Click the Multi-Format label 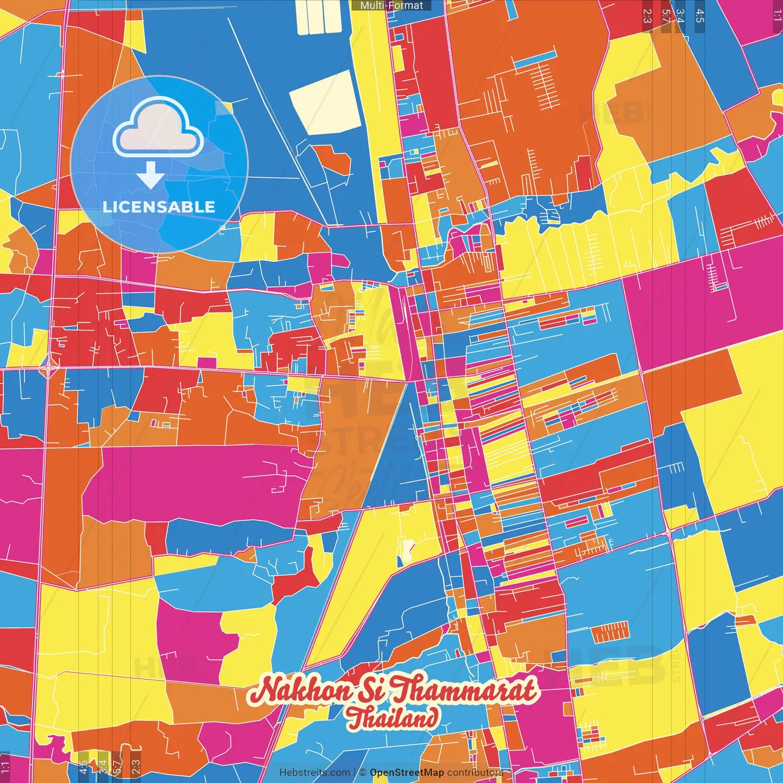click(x=391, y=6)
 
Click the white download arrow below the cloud click(x=150, y=176)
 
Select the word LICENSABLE click(x=159, y=207)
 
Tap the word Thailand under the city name click(x=393, y=718)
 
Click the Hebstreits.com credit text click(x=315, y=773)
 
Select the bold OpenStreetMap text click(x=407, y=773)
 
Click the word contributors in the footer click(x=475, y=773)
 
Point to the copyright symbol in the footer click(x=363, y=773)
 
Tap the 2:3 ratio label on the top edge click(x=647, y=16)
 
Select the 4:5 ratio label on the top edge click(x=700, y=16)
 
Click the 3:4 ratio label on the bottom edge click(x=102, y=766)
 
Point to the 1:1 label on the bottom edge click(x=6, y=767)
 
